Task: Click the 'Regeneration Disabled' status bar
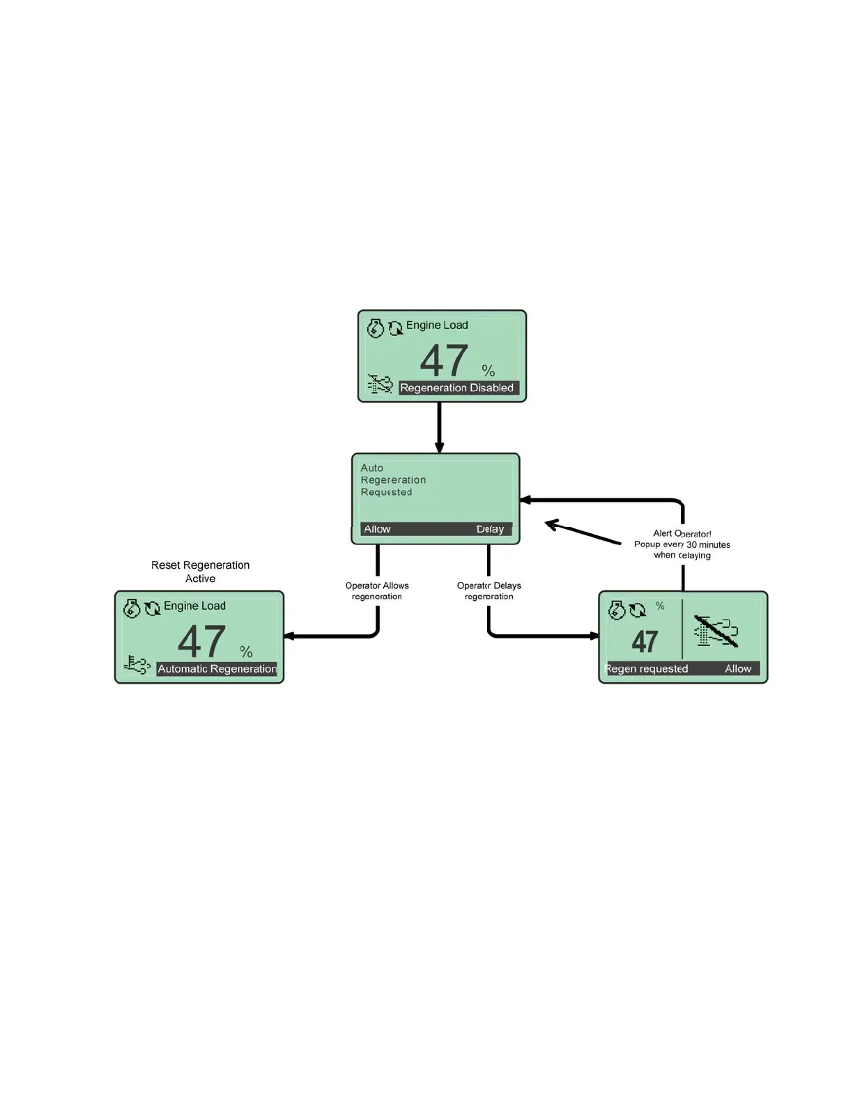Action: (458, 388)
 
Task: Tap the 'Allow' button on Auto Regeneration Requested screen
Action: (377, 529)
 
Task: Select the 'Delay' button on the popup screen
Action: (490, 529)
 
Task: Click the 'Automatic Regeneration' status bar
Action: (217, 668)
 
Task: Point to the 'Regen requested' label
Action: (647, 668)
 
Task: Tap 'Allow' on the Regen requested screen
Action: (738, 668)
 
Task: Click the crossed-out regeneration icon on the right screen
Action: (716, 630)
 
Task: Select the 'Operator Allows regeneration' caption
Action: (377, 590)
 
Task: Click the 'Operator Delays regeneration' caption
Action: (489, 590)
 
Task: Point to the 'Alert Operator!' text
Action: (682, 534)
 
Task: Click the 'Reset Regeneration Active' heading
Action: (200, 572)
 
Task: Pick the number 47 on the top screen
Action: (444, 360)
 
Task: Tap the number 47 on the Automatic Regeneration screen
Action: (201, 641)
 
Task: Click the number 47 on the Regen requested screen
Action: (645, 641)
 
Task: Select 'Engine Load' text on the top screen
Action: (437, 325)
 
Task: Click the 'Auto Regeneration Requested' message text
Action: (392, 480)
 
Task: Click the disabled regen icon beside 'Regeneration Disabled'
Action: (380, 384)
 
